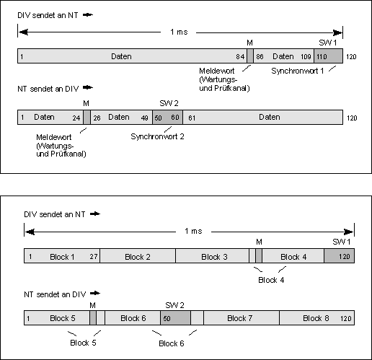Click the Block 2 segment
tap(138, 255)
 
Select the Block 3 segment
tap(213, 255)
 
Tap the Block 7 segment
tap(242, 317)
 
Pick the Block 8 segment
tap(317, 317)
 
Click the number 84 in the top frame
tap(240, 57)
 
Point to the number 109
tap(306, 57)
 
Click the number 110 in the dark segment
tap(322, 57)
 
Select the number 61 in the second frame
tap(192, 118)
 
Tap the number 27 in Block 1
tap(94, 257)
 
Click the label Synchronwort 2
tap(157, 136)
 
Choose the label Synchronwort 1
tap(298, 71)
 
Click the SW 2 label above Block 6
tap(174, 305)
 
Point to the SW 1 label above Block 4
tap(342, 242)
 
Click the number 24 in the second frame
tap(76, 118)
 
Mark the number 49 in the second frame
tap(144, 118)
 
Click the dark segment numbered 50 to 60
tap(168, 118)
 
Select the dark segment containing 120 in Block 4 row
tap(340, 255)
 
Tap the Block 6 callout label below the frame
tap(172, 343)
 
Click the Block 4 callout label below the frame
tap(271, 280)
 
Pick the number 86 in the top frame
tap(260, 57)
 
